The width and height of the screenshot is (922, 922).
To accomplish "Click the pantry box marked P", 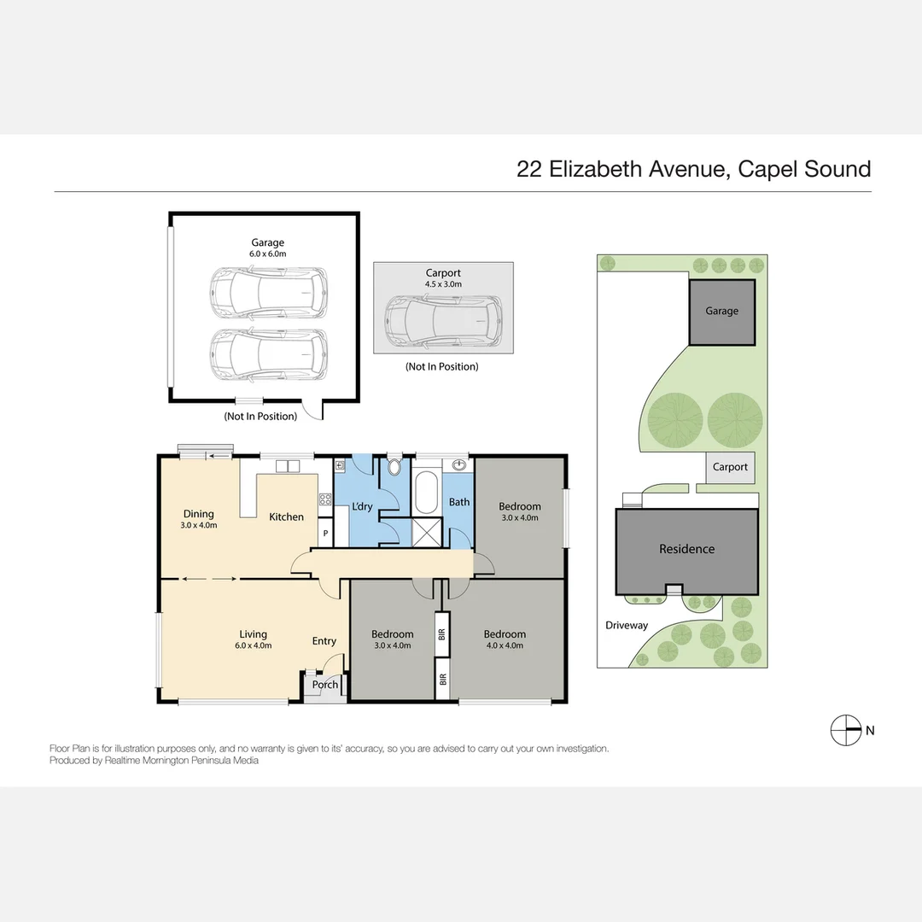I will click(325, 534).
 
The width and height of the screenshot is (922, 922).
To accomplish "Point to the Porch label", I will click(325, 685).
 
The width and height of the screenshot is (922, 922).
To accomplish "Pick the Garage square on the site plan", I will click(721, 312).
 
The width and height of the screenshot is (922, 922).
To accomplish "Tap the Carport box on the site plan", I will click(730, 467).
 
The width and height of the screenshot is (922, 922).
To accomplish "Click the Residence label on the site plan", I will click(686, 549).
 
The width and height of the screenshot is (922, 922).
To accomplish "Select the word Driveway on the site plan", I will click(627, 625).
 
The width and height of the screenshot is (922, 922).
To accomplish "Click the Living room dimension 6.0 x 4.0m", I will click(253, 645).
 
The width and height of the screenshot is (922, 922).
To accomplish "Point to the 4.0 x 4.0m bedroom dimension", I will click(505, 645).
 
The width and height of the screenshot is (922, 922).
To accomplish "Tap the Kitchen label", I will click(287, 516).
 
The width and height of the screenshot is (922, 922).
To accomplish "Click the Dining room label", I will click(198, 514).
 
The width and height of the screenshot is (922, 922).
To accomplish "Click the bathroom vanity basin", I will click(459, 465).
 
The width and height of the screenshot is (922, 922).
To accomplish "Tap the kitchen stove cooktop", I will click(324, 499).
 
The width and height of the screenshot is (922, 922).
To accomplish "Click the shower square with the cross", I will click(425, 532).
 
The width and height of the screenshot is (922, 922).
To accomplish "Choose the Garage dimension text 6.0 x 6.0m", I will click(267, 254).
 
